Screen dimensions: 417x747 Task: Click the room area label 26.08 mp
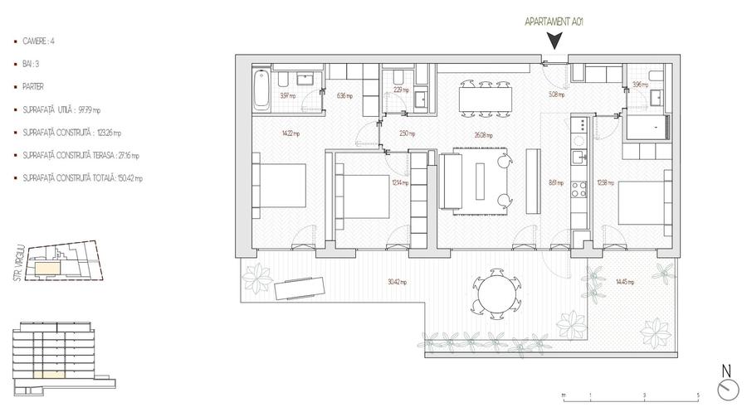coord(484,136)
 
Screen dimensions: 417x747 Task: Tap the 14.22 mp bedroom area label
coord(267,133)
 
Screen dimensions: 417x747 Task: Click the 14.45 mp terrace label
coord(624,282)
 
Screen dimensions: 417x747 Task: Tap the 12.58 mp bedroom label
coord(605,184)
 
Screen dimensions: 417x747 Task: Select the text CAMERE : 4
coord(40,40)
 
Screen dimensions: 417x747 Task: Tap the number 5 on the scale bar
coord(698,395)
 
